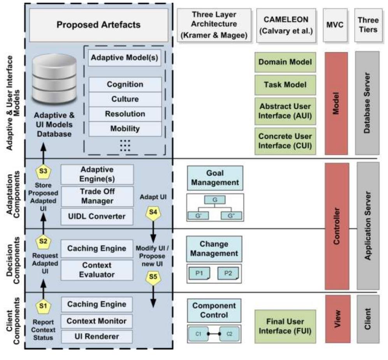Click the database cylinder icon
pos(54,82)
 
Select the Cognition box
pos(125,84)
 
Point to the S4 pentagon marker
pos(152,212)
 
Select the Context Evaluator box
pos(97,269)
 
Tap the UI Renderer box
pos(97,336)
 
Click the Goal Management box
pos(215,178)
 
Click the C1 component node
pos(198,334)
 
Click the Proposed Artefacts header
pos(99,25)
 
